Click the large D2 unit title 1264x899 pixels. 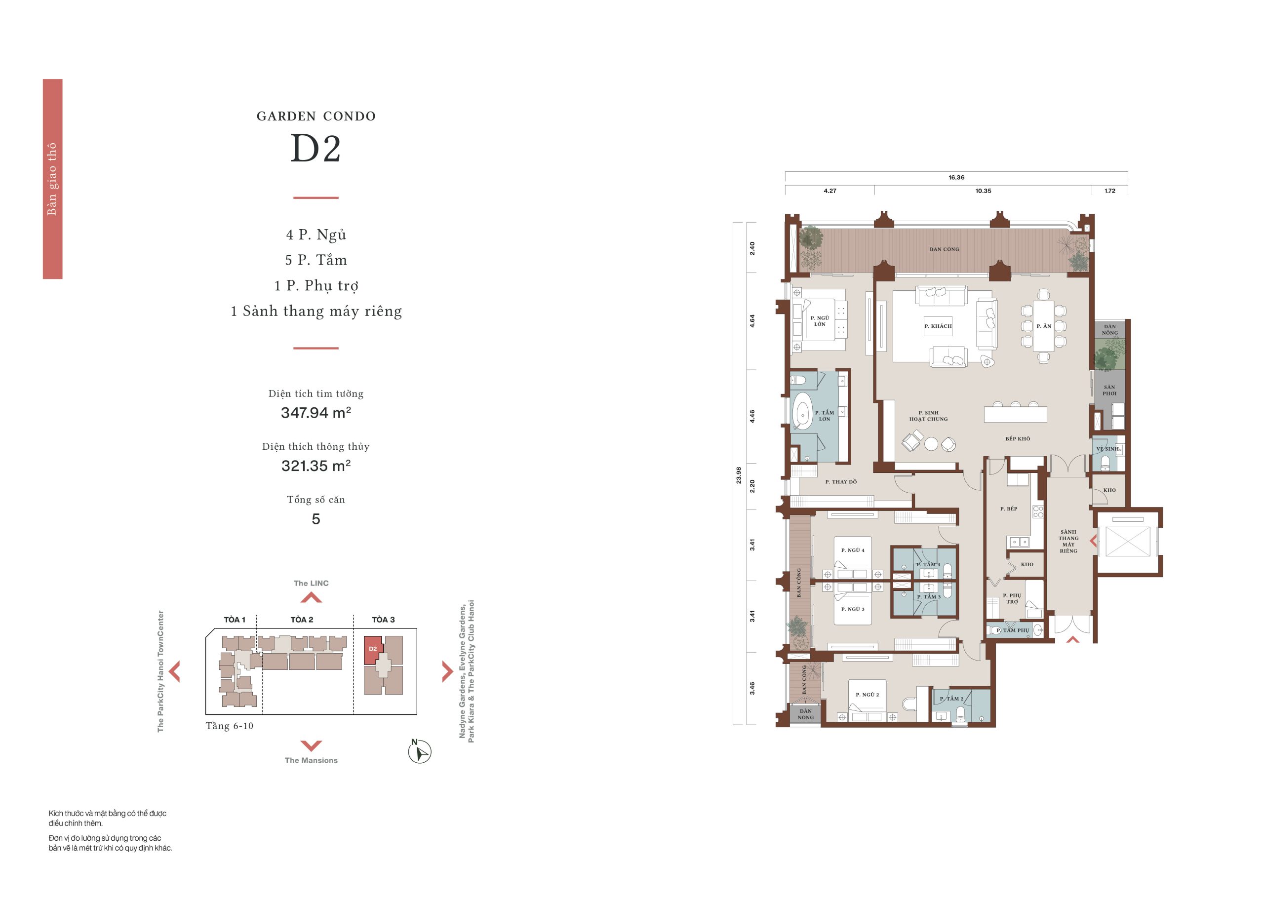coord(316,149)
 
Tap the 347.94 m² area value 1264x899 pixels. coord(316,412)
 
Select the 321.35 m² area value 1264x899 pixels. coord(316,466)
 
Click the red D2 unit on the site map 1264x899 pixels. coord(373,649)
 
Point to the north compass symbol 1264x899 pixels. coord(419,751)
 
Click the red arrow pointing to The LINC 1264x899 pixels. coord(311,597)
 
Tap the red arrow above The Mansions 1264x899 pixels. coord(311,745)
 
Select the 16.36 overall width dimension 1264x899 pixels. coord(956,178)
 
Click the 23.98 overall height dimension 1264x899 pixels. coord(739,475)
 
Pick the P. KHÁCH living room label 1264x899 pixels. coord(938,326)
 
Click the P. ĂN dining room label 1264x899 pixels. coord(1044,326)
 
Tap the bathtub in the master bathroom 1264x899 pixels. coord(802,410)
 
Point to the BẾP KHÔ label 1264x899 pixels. coord(1018,438)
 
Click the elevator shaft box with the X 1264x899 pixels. coord(1128,541)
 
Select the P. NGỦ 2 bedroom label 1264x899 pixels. coord(867,695)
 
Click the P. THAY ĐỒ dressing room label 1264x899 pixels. coord(840,482)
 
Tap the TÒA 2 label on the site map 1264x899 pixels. coord(302,620)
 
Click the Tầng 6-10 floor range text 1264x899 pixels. coord(229,726)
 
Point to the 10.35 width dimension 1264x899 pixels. coord(983,191)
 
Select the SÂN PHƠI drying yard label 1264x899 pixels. coord(1109,391)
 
